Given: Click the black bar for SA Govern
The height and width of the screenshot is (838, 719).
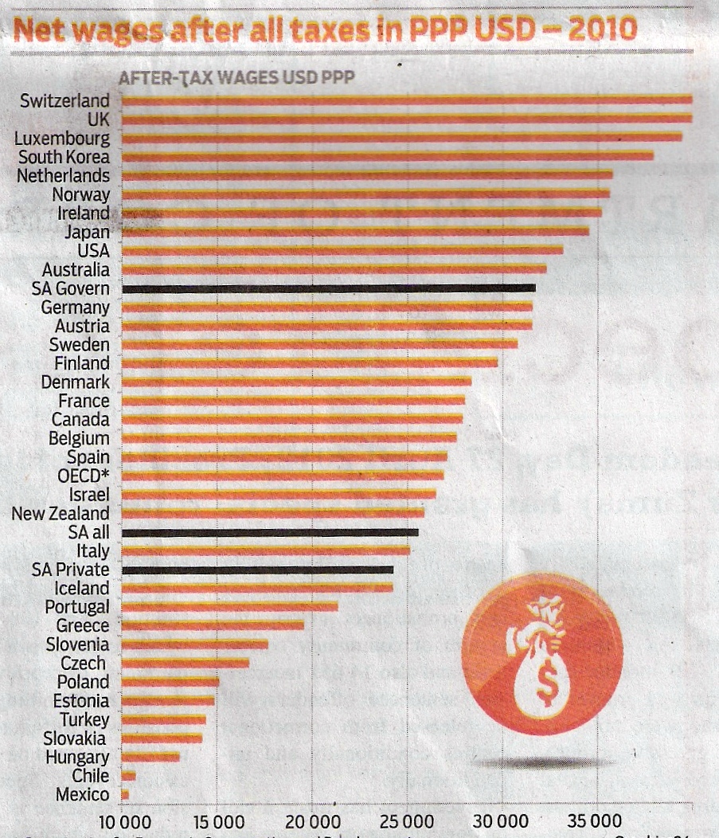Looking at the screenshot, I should [x=328, y=288].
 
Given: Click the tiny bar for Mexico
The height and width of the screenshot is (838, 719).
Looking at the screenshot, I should [x=124, y=794].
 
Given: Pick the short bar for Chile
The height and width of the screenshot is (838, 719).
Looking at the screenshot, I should [x=128, y=775].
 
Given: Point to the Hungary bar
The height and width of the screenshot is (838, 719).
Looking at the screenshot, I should [x=150, y=757].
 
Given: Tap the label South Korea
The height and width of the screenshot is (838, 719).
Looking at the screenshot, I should [x=64, y=157].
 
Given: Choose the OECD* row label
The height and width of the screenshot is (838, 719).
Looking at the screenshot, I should [x=84, y=476].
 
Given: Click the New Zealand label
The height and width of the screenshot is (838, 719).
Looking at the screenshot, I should [x=61, y=514].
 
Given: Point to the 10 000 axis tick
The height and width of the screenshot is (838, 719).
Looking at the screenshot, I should [x=123, y=822].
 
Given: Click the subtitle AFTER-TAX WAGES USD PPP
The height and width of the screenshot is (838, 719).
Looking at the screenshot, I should [x=236, y=78].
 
